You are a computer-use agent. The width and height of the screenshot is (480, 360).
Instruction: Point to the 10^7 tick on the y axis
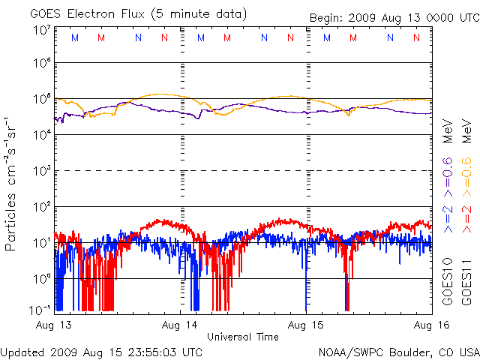[42, 29]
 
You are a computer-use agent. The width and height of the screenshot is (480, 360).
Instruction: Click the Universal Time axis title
[243, 337]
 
